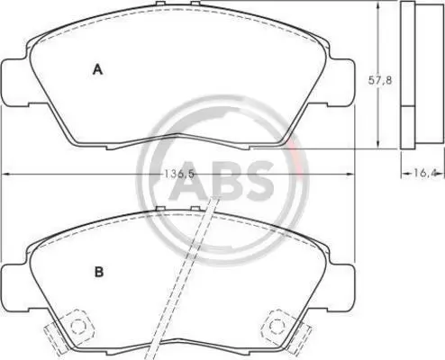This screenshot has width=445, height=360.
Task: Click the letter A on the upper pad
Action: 97,69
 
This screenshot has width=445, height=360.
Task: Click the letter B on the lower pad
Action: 99,272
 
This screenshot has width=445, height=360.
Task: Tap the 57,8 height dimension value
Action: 380,80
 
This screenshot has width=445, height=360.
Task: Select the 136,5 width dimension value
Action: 178,174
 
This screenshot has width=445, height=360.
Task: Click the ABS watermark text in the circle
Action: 222,181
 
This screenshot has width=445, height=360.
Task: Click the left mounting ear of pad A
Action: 16,83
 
